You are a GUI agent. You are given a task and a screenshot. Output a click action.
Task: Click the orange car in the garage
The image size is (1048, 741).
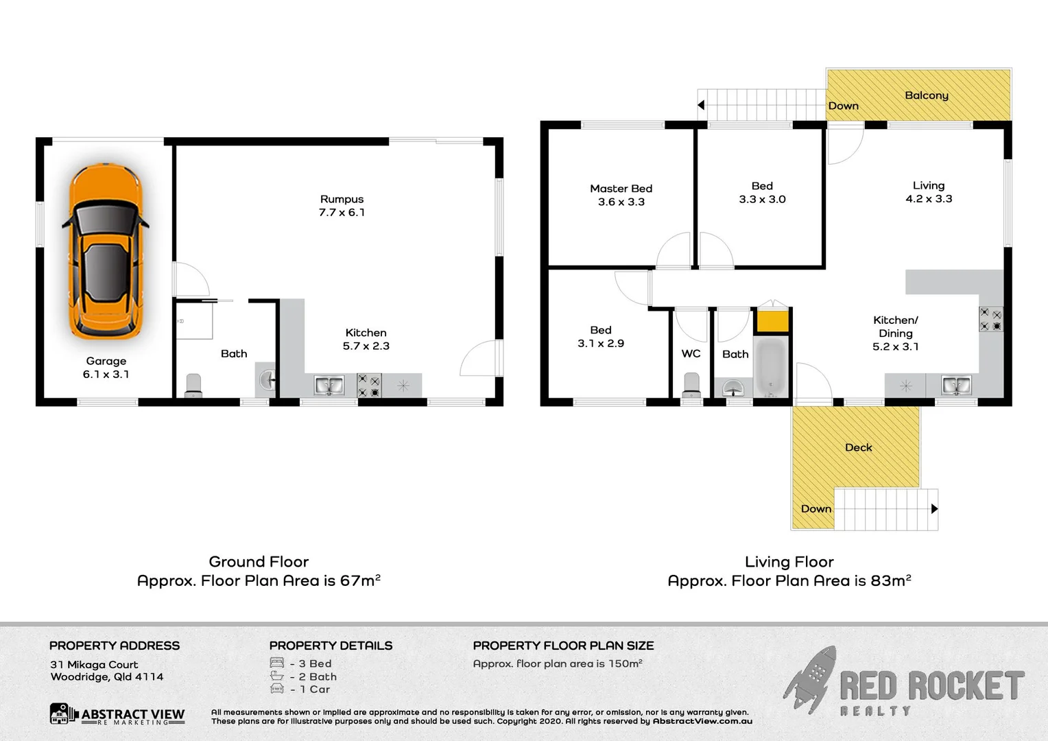(x=106, y=251)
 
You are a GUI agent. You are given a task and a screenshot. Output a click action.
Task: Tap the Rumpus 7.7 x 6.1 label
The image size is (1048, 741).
(x=342, y=206)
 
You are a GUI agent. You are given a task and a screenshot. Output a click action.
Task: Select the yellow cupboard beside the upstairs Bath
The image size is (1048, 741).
(x=772, y=321)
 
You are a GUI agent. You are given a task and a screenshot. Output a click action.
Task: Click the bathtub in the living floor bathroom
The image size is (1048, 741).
(x=771, y=367)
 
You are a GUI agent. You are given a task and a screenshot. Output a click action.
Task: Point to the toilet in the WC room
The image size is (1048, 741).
(x=691, y=384)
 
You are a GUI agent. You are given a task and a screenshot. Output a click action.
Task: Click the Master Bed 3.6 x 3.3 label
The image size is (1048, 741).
(x=621, y=195)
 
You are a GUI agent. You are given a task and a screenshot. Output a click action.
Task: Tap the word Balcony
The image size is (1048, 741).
(x=926, y=95)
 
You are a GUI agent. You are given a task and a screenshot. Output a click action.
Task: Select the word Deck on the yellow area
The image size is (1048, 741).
(x=858, y=447)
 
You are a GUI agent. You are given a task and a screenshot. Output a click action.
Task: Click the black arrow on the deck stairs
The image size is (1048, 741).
(x=934, y=509)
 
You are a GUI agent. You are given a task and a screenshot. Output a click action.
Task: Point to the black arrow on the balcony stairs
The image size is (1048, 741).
(x=701, y=105)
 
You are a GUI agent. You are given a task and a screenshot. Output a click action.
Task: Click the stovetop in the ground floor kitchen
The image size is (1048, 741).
(x=369, y=386)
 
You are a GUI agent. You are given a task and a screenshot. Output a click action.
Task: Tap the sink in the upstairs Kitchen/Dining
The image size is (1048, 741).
(x=955, y=386)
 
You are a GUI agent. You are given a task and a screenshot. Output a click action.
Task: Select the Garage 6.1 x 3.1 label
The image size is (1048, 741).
(x=106, y=368)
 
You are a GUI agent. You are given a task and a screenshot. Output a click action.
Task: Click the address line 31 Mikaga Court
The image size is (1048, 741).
(x=94, y=664)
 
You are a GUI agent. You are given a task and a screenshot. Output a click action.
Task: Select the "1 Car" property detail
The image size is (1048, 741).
(x=314, y=689)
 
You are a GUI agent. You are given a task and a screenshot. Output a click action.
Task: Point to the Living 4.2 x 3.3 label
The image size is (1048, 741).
(x=929, y=192)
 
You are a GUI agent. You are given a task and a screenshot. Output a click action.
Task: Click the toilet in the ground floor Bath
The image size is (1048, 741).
(x=193, y=386)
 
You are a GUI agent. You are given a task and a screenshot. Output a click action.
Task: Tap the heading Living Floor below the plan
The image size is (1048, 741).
(x=789, y=562)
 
